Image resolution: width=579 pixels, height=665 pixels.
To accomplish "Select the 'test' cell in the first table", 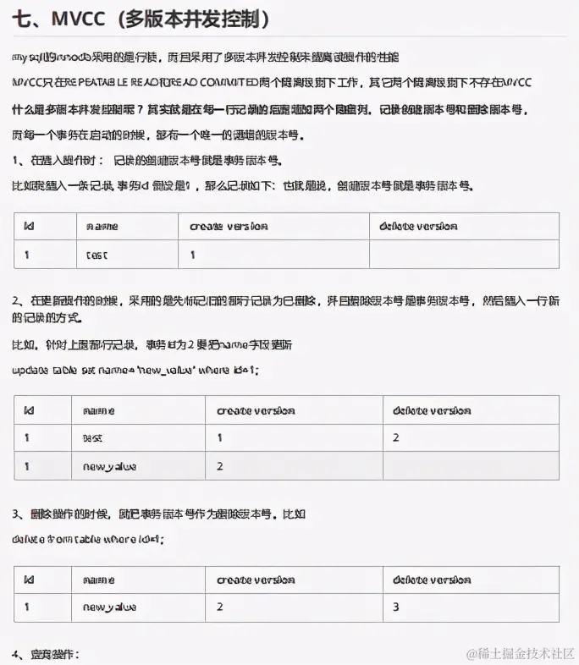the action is click(x=97, y=254).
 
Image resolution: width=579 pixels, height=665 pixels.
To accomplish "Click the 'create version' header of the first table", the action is click(x=229, y=226).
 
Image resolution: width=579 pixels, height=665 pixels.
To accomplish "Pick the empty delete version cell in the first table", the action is click(x=464, y=254).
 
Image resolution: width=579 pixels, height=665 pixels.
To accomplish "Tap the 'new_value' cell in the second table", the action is click(x=110, y=465).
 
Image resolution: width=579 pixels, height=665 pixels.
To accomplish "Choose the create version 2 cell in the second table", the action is click(x=220, y=465).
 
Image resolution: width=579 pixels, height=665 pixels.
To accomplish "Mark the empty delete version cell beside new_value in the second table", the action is click(x=470, y=465).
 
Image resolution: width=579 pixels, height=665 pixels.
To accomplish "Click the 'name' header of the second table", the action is click(x=99, y=410).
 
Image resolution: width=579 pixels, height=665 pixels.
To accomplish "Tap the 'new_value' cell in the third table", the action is click(x=110, y=607).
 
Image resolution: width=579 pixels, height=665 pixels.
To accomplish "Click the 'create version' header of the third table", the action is click(x=256, y=580).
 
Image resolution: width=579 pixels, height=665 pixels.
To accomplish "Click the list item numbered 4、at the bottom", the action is click(x=46, y=654).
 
